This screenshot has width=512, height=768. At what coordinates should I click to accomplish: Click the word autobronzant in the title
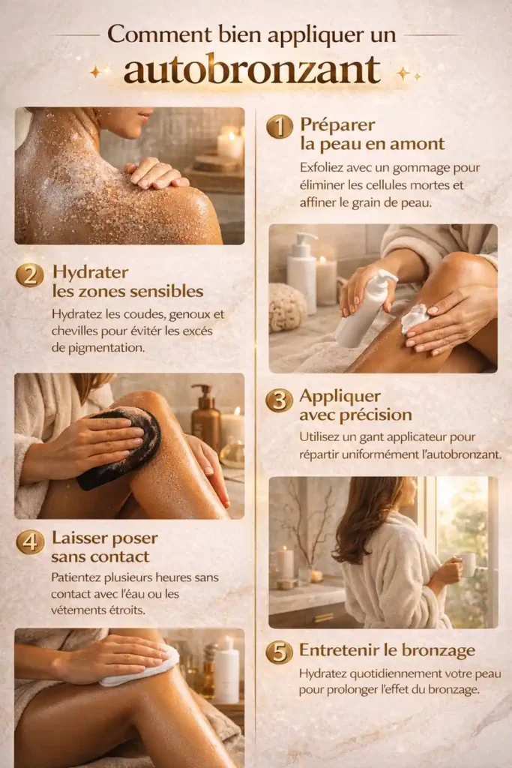coord(252,70)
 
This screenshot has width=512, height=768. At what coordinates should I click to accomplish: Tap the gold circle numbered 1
coord(280,126)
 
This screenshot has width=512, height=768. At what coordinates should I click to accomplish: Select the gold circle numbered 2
coord(29,274)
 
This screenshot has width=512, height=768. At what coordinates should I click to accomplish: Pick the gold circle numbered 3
coord(280,399)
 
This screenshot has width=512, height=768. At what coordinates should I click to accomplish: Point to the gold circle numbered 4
coord(30,541)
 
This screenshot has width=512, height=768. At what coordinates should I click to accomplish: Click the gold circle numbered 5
coord(280,651)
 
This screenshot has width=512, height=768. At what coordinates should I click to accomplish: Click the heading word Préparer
coord(337,124)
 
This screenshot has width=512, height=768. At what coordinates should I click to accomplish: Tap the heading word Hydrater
coord(90,271)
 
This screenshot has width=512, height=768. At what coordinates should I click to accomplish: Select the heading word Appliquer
coord(340,396)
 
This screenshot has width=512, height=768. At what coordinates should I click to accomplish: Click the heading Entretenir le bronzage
coord(387,649)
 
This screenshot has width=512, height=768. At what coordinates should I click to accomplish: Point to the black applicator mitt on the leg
coord(120,447)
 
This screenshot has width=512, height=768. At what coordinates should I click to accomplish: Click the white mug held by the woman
coord(468,564)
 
